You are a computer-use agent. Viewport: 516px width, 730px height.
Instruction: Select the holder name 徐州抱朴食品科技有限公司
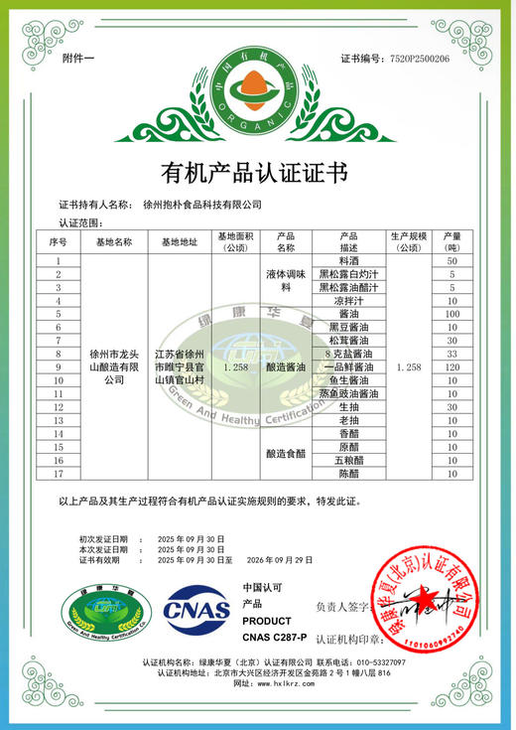(x=217, y=205)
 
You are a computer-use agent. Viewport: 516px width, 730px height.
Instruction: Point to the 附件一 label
(x=78, y=59)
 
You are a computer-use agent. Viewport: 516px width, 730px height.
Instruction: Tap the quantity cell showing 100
(x=451, y=314)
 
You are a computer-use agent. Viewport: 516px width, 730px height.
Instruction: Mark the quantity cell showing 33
(x=451, y=354)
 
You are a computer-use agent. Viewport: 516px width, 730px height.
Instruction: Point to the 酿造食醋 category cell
(x=286, y=454)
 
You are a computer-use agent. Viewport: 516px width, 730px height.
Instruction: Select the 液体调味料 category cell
(x=286, y=279)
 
